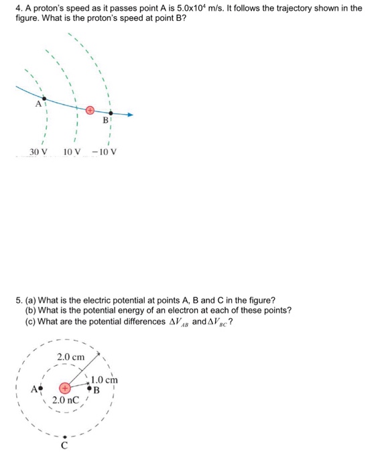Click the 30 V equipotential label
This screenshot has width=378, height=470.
click(x=39, y=152)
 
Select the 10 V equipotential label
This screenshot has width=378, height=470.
click(x=72, y=152)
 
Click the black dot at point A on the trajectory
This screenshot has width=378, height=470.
click(x=44, y=98)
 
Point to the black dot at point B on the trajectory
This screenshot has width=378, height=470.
click(x=111, y=113)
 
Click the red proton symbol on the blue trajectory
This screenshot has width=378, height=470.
click(x=89, y=107)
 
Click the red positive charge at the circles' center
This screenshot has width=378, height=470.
click(x=64, y=389)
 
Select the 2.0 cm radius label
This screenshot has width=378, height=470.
click(x=71, y=357)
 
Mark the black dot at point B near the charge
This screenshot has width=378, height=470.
click(x=90, y=389)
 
